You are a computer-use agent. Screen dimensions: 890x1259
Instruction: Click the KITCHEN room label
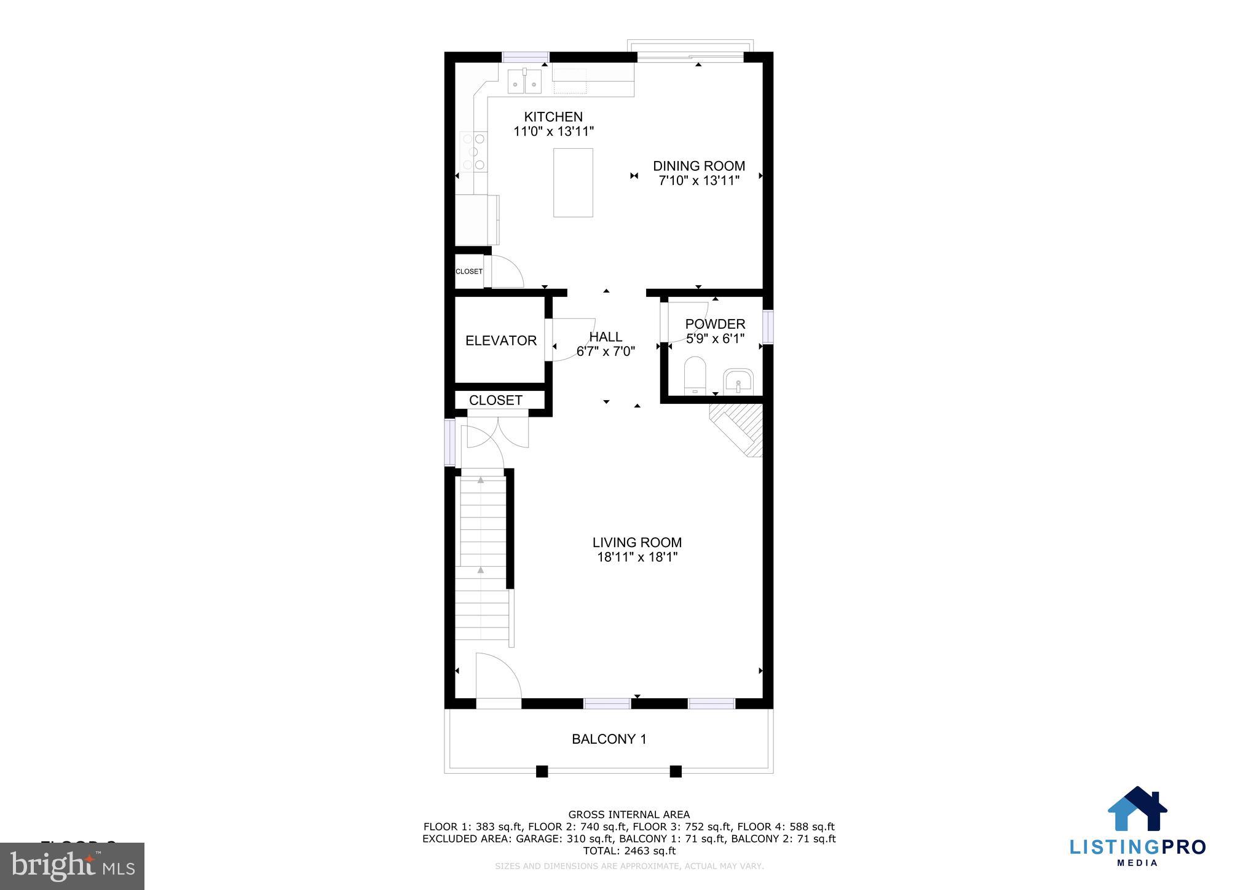553,117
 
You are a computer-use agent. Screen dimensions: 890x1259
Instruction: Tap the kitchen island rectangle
573,183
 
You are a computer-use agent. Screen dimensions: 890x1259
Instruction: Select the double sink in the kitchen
524,82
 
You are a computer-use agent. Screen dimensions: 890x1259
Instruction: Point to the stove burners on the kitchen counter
474,151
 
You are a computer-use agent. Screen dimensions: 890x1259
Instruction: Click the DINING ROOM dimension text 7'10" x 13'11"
698,181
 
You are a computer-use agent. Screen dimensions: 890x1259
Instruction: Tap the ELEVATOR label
500,341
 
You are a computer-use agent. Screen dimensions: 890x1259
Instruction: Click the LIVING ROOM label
637,543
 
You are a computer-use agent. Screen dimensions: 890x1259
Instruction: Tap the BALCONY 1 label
609,739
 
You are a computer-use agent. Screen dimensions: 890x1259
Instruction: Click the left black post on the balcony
542,771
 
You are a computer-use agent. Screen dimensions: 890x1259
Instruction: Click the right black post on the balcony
676,771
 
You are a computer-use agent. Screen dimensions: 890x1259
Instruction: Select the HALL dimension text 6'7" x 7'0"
606,352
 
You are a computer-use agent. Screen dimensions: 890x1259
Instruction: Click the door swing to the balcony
498,676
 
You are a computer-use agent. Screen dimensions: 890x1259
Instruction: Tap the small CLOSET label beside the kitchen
468,272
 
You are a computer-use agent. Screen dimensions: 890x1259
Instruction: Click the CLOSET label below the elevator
495,400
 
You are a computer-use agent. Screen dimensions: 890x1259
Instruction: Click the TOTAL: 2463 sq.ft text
629,851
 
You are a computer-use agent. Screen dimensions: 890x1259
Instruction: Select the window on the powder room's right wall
767,327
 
